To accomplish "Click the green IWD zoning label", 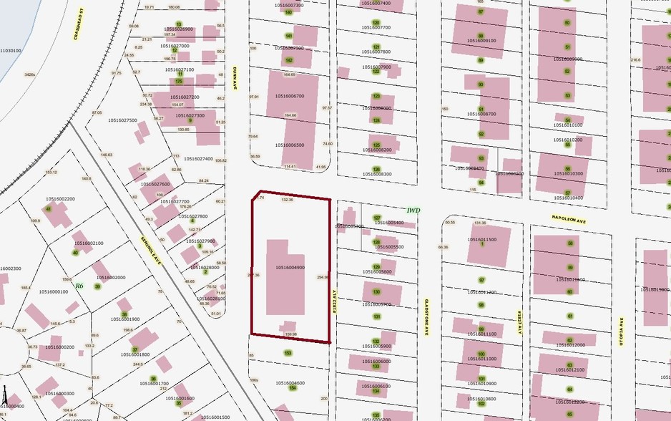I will tap(413, 210).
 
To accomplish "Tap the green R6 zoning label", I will tap(79, 286).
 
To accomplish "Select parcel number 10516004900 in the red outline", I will tap(290, 267).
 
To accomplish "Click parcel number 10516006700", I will tap(289, 95).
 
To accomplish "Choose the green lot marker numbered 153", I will tap(288, 353).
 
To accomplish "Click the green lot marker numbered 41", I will tap(49, 209).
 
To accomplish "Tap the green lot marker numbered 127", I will tap(377, 217).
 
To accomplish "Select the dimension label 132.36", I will tap(288, 200).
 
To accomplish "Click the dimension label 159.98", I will tap(290, 334).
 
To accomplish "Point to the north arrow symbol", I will tap(5, 398).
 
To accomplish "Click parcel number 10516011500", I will tap(481, 239).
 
